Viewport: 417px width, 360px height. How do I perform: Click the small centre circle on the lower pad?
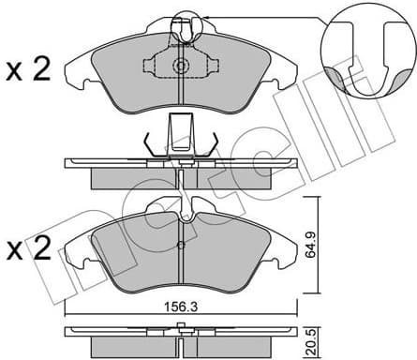[180, 248]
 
